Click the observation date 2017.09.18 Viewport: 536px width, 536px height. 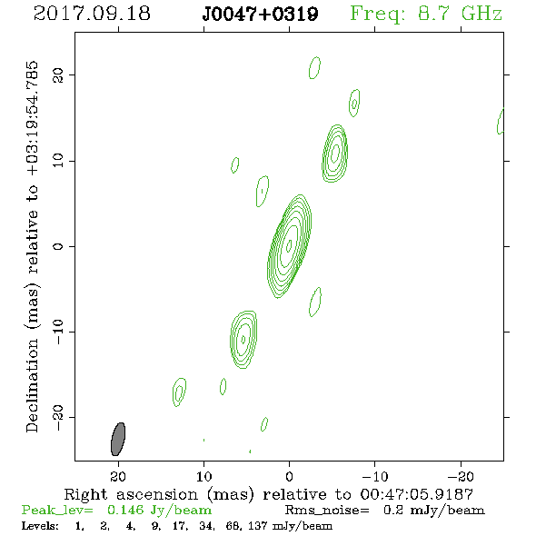click(x=92, y=14)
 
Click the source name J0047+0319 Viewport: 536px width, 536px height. click(x=260, y=15)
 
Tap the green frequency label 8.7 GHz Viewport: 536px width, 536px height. click(x=460, y=14)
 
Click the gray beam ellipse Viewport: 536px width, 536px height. click(x=118, y=440)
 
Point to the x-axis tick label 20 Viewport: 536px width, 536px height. click(x=118, y=476)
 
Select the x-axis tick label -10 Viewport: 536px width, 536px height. click(x=374, y=476)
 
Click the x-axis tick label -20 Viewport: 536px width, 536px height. click(x=461, y=476)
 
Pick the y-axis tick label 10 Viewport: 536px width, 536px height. click(x=58, y=161)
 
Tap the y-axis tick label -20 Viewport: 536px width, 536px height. click(x=58, y=418)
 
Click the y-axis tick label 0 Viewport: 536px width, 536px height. click(x=58, y=246)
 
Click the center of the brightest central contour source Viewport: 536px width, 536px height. click(x=289, y=245)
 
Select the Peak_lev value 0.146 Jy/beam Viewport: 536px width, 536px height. click(x=159, y=511)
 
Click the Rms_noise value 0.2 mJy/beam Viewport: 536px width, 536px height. click(x=434, y=511)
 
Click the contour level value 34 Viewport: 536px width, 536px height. click(x=206, y=526)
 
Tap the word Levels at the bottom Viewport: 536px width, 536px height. click(x=40, y=526)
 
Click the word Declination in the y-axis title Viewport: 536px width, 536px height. click(x=32, y=386)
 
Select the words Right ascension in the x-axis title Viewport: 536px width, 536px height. click(x=131, y=494)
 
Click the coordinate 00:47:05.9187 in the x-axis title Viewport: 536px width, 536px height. click(x=416, y=494)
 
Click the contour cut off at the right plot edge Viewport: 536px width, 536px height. click(x=501, y=122)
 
